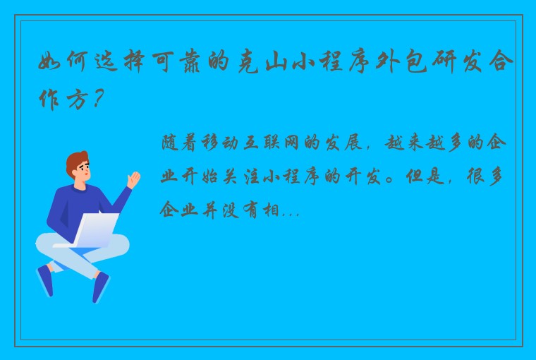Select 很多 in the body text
pyautogui.click(x=487, y=176)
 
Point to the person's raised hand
pyautogui.click(x=133, y=178)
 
